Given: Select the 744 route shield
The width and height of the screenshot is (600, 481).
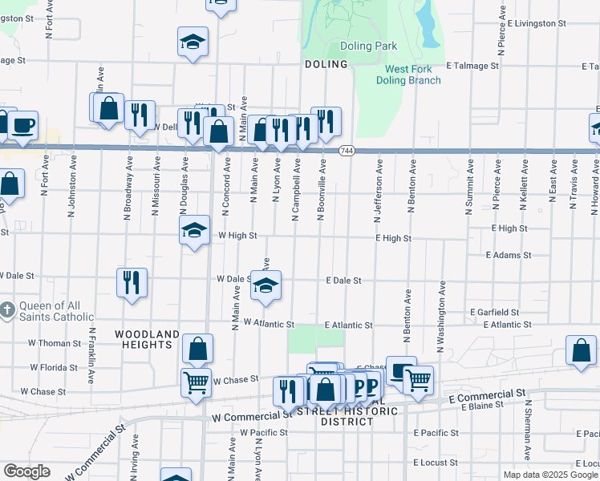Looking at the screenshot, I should tap(347, 151).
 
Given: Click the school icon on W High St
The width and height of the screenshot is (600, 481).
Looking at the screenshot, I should tap(193, 231).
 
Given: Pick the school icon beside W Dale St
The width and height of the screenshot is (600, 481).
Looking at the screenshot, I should tap(266, 285).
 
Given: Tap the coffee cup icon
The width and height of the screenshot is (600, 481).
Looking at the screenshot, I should tap(23, 126).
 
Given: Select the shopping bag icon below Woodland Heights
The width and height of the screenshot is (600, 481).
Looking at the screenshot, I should tap(197, 350).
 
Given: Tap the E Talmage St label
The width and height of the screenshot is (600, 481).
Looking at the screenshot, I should tap(473, 66).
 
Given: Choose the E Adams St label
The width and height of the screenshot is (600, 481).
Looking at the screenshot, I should tap(509, 255).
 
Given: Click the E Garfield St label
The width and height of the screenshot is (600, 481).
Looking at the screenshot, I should tap(496, 312).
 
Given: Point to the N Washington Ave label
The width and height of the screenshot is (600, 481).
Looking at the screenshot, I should tap(440, 317).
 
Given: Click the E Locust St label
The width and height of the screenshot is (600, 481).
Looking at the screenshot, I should tap(436, 463).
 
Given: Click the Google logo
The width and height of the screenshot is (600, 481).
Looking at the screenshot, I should tap(26, 471).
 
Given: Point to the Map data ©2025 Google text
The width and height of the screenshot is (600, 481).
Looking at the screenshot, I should tap(550, 475).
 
